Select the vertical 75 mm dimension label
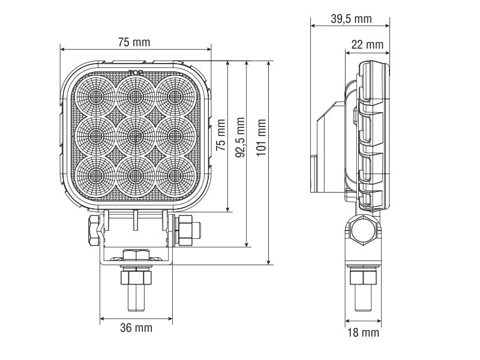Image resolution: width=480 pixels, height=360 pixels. pyautogui.click(x=221, y=136)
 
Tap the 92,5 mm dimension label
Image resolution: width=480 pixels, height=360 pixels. pyautogui.click(x=240, y=136)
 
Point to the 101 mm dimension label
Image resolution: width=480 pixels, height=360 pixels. pyautogui.click(x=261, y=137)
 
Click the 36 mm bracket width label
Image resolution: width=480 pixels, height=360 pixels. pyautogui.click(x=136, y=328)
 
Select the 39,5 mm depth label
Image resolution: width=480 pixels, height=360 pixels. pyautogui.click(x=351, y=19)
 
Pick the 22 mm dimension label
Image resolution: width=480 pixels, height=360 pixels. pyautogui.click(x=367, y=45)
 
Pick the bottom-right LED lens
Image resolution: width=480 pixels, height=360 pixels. pyautogui.click(x=175, y=174)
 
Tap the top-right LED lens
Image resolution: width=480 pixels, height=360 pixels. pyautogui.click(x=175, y=96)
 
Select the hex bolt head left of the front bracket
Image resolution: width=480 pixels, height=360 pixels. pyautogui.click(x=93, y=231)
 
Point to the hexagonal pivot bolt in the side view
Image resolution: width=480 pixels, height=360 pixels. pyautogui.click(x=364, y=229)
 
